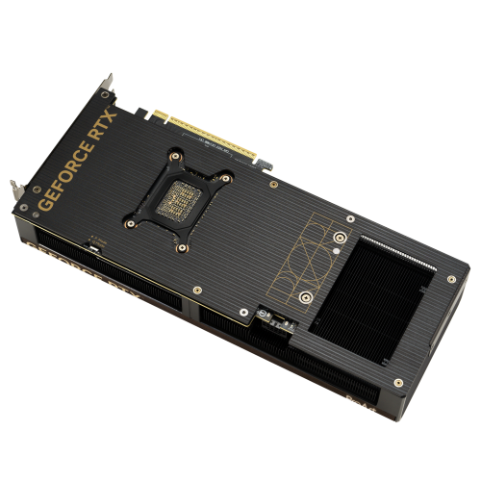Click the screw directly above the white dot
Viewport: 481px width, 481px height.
(340, 236)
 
